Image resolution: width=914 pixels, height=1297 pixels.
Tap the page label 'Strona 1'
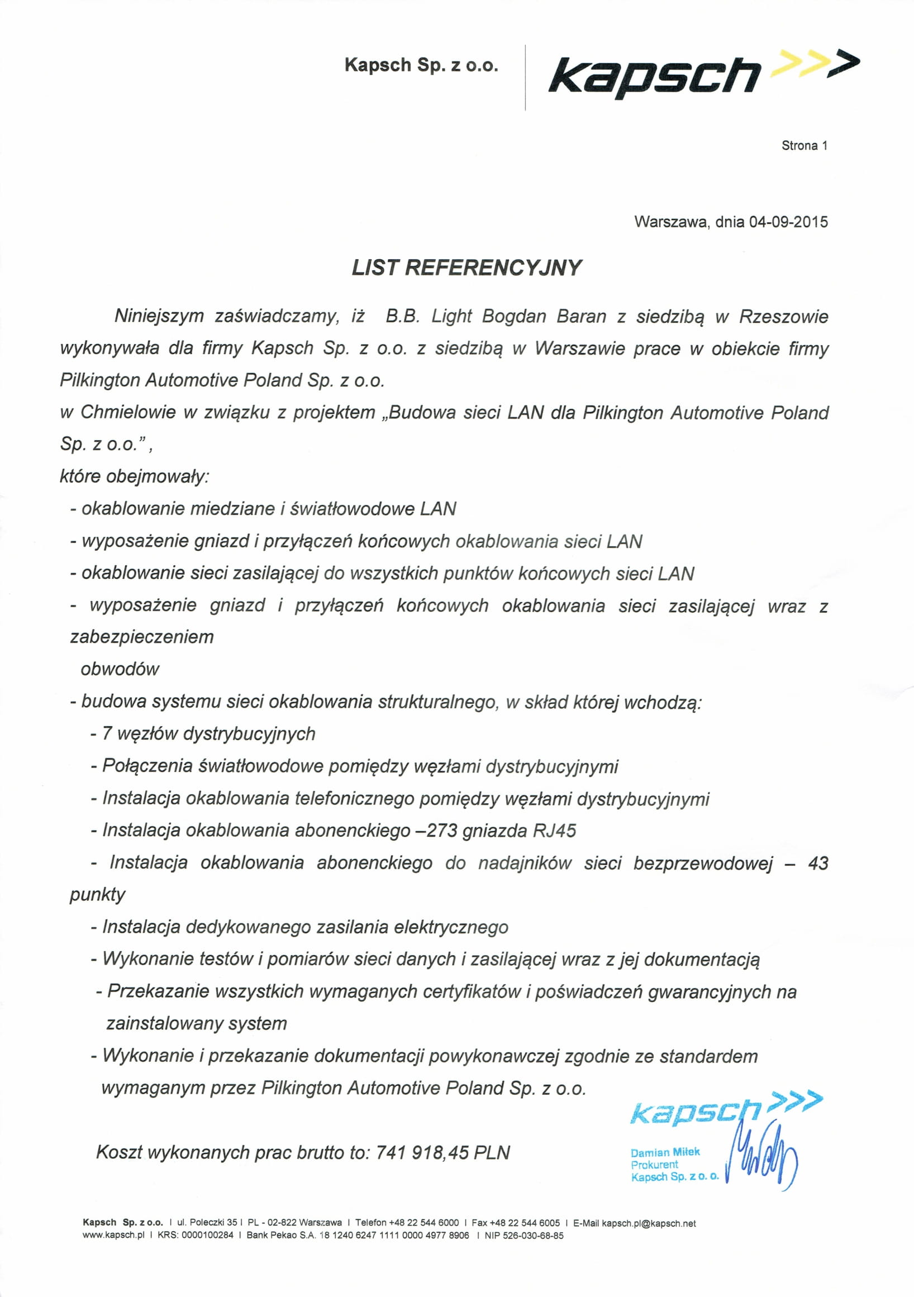[804, 146]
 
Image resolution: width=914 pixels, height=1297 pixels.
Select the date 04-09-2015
[788, 221]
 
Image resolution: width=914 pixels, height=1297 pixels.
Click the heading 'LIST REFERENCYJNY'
[466, 268]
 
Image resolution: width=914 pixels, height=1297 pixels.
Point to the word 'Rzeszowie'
[783, 316]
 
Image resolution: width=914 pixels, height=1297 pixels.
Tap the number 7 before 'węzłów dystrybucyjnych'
[107, 734]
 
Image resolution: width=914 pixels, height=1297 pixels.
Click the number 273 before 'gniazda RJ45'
[442, 831]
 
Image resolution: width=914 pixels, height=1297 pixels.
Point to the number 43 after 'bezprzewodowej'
[817, 863]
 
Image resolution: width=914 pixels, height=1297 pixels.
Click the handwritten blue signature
[763, 1158]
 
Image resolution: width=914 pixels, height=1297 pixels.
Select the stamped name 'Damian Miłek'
[665, 1152]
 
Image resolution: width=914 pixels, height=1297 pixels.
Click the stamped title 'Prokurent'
[654, 1164]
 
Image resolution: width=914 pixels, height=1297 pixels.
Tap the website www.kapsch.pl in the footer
[113, 1236]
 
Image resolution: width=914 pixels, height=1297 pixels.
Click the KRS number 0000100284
[207, 1236]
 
